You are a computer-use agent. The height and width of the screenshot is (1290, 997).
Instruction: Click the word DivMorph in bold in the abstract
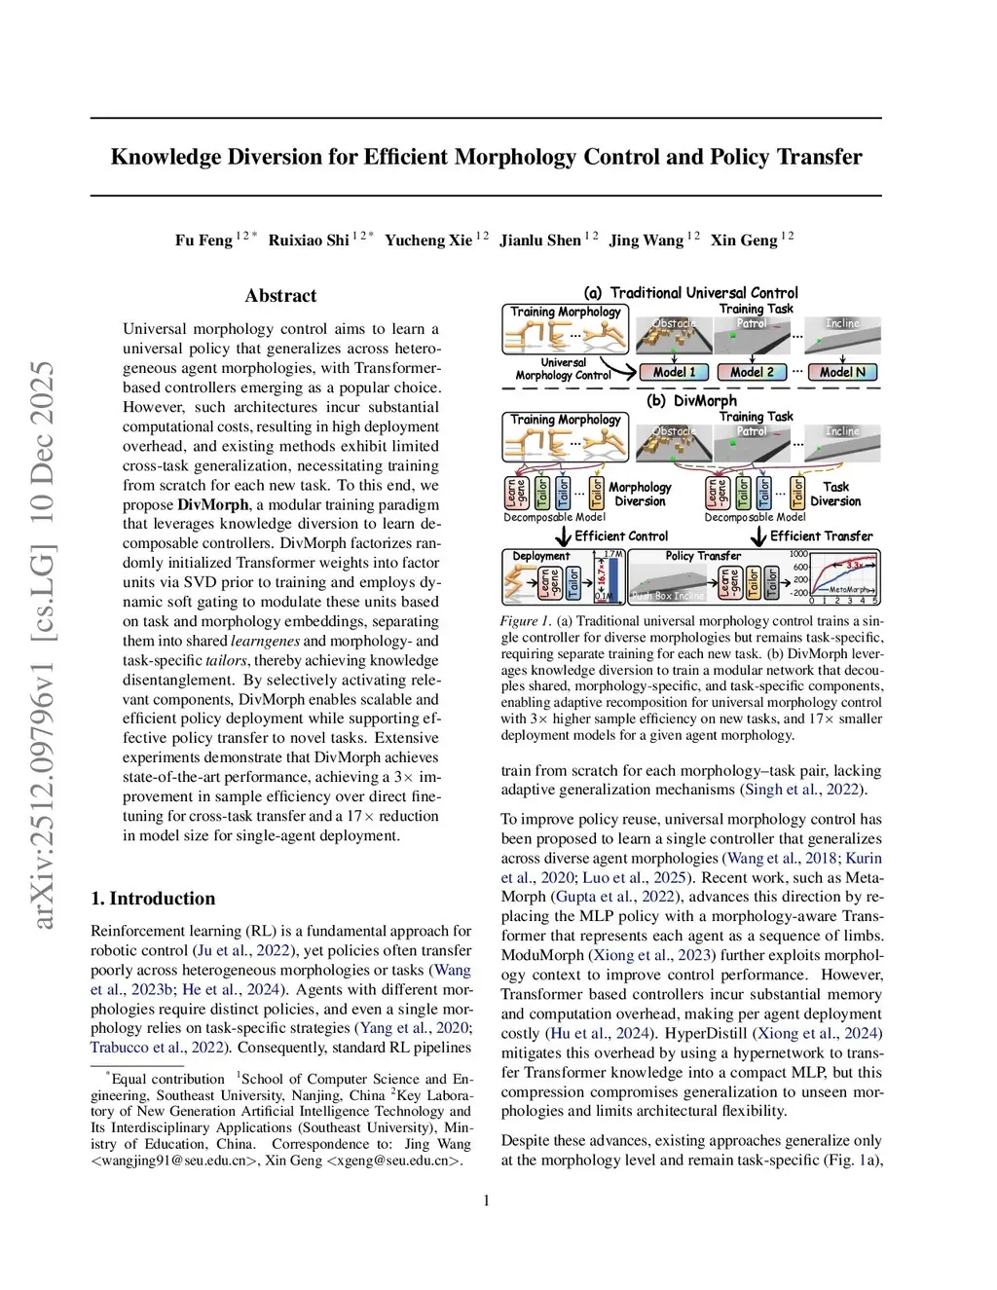point(212,504)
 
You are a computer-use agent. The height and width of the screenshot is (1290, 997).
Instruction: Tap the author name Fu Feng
point(203,240)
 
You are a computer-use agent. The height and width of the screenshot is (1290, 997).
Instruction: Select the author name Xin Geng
point(744,240)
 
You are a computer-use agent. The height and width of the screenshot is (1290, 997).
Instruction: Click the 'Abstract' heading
point(280,296)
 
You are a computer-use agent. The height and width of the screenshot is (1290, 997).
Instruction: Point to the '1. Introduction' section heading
point(153,899)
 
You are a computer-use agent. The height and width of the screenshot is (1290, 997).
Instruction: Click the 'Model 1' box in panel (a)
point(674,372)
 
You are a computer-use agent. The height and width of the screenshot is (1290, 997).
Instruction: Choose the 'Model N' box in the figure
point(842,372)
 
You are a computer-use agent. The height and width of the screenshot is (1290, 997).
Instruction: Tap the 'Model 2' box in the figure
point(752,372)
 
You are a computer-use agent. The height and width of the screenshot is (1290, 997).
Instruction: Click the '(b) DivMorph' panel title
point(691,400)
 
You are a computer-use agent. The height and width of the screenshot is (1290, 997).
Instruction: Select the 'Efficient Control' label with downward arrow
point(620,536)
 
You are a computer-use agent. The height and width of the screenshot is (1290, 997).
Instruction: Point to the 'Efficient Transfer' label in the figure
point(821,536)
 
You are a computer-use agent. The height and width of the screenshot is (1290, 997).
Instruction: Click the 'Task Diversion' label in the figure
point(835,495)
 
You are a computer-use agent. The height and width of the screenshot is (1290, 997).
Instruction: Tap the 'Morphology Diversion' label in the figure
point(640,495)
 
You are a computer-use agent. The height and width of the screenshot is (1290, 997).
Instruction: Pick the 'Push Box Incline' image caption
point(667,596)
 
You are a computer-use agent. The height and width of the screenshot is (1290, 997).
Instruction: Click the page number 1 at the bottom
point(487,1200)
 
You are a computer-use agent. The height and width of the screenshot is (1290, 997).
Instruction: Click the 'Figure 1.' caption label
point(526,621)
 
